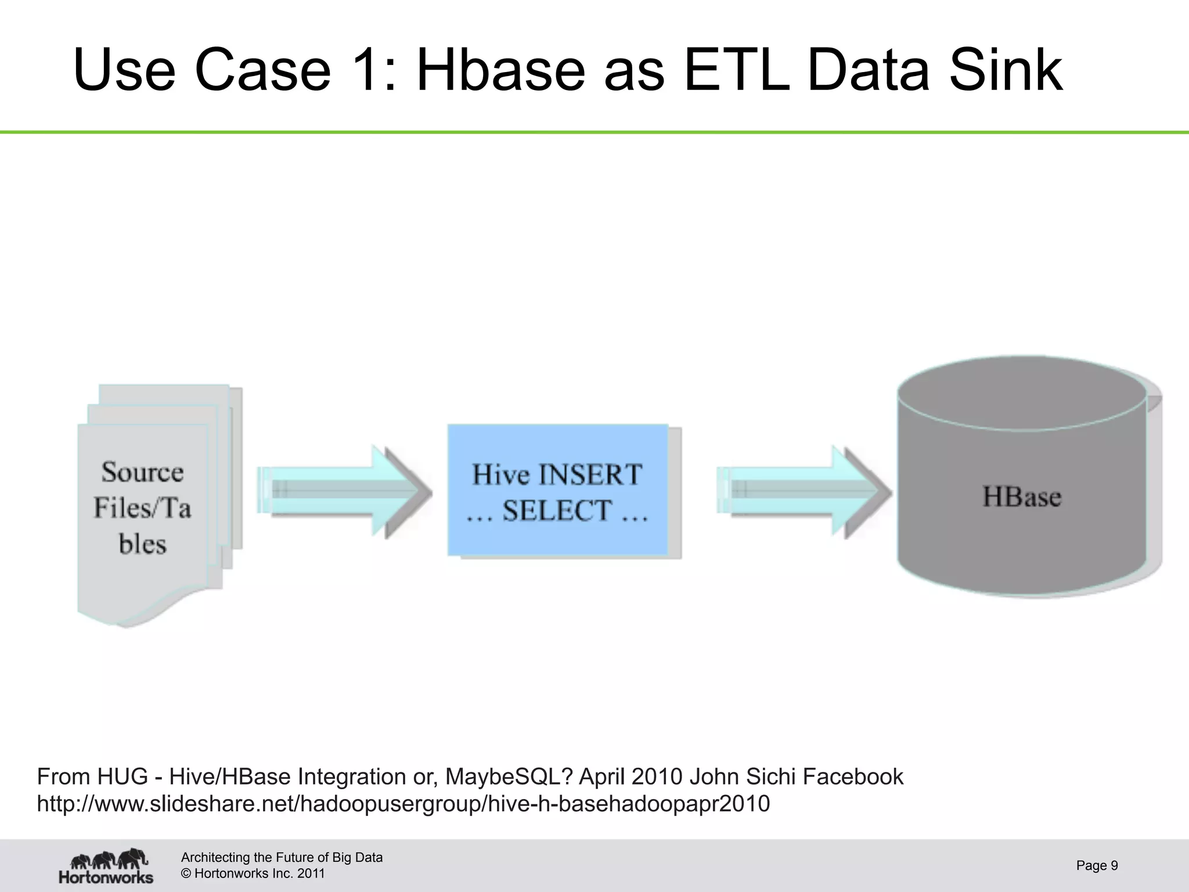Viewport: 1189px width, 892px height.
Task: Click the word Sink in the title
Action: pos(1006,70)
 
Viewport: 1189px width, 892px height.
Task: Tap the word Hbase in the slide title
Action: pos(500,70)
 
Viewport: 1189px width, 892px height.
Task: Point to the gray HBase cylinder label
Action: pos(1022,497)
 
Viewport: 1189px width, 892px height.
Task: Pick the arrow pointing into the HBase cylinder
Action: pos(804,491)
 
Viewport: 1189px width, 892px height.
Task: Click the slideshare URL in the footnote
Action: pos(403,804)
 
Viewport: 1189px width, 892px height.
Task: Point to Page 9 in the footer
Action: pos(1097,865)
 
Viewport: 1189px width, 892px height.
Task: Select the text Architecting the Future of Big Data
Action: pos(282,857)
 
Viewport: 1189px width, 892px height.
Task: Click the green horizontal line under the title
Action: pos(594,132)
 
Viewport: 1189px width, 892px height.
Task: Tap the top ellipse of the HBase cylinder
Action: pos(1022,393)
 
